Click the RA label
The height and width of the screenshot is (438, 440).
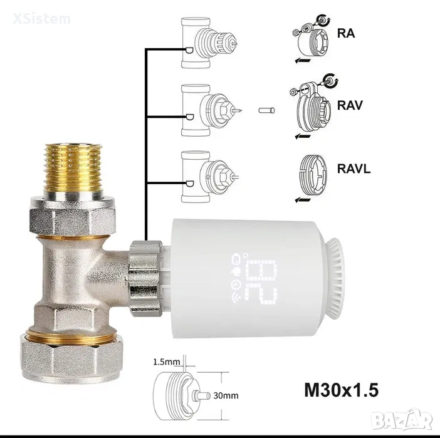coord(346,33)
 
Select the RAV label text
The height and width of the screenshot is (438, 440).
coord(350,105)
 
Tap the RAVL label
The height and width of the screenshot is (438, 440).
coord(354,169)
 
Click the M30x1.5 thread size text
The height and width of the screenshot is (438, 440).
coord(341,390)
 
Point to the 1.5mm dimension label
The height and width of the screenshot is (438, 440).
coord(166,362)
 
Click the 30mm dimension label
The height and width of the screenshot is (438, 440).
coord(226,395)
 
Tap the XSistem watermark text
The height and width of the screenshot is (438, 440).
coord(41,19)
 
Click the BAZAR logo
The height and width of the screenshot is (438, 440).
coord(402,420)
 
